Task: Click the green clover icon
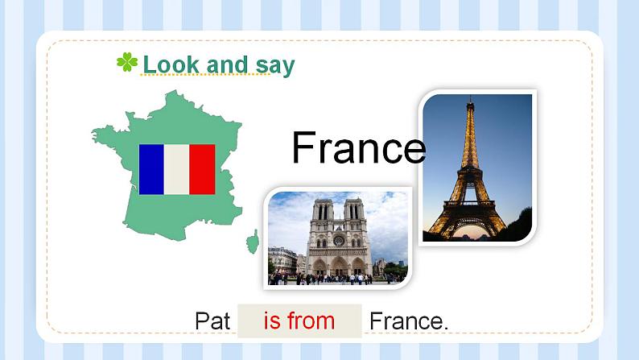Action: pos(127,63)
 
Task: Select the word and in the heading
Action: pos(227,64)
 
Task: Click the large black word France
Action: pos(358,148)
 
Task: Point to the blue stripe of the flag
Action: pos(151,169)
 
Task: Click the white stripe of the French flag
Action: pos(177,169)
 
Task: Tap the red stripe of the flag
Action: pos(202,169)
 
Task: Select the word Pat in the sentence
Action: pos(212,321)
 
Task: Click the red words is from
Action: pos(299,321)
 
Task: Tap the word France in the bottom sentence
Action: pos(407,321)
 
